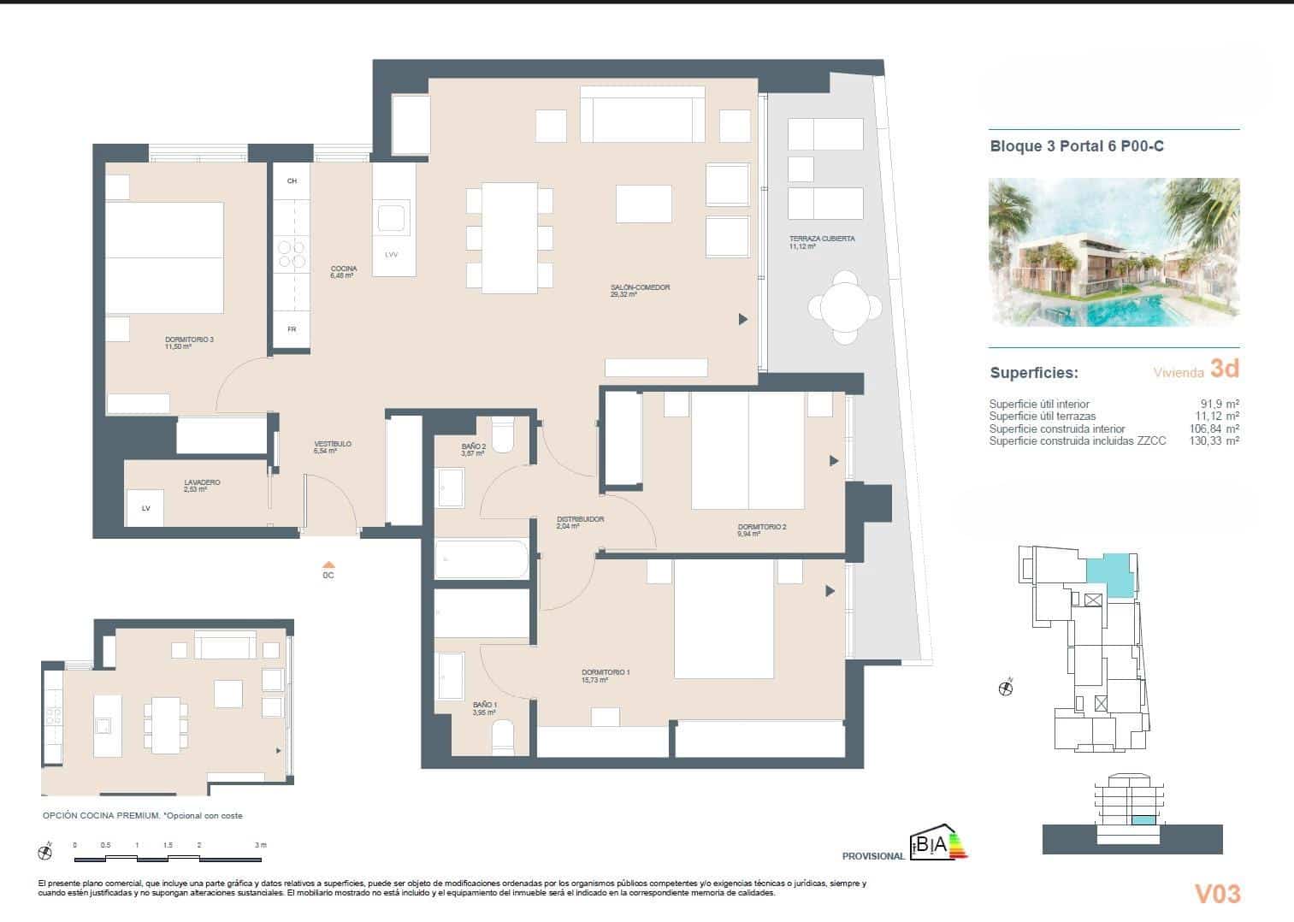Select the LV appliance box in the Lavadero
pos(146,508)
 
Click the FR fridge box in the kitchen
pos(292,328)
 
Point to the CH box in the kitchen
pos(292,181)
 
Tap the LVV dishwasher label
pos(392,255)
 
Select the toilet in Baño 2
pos(503,435)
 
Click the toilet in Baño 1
pos(503,736)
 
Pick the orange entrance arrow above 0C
pos(328,564)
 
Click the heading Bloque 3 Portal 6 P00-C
pos(1076,146)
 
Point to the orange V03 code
pos(1217,894)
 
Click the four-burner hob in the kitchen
pos(292,252)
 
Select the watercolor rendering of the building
pos(1114,251)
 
